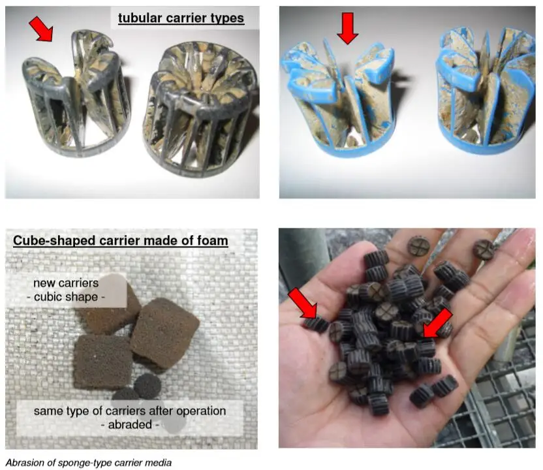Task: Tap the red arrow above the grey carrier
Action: pyautogui.click(x=41, y=29)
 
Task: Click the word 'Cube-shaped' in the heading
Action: pyautogui.click(x=50, y=241)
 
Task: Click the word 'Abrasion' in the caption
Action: pyautogui.click(x=24, y=463)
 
